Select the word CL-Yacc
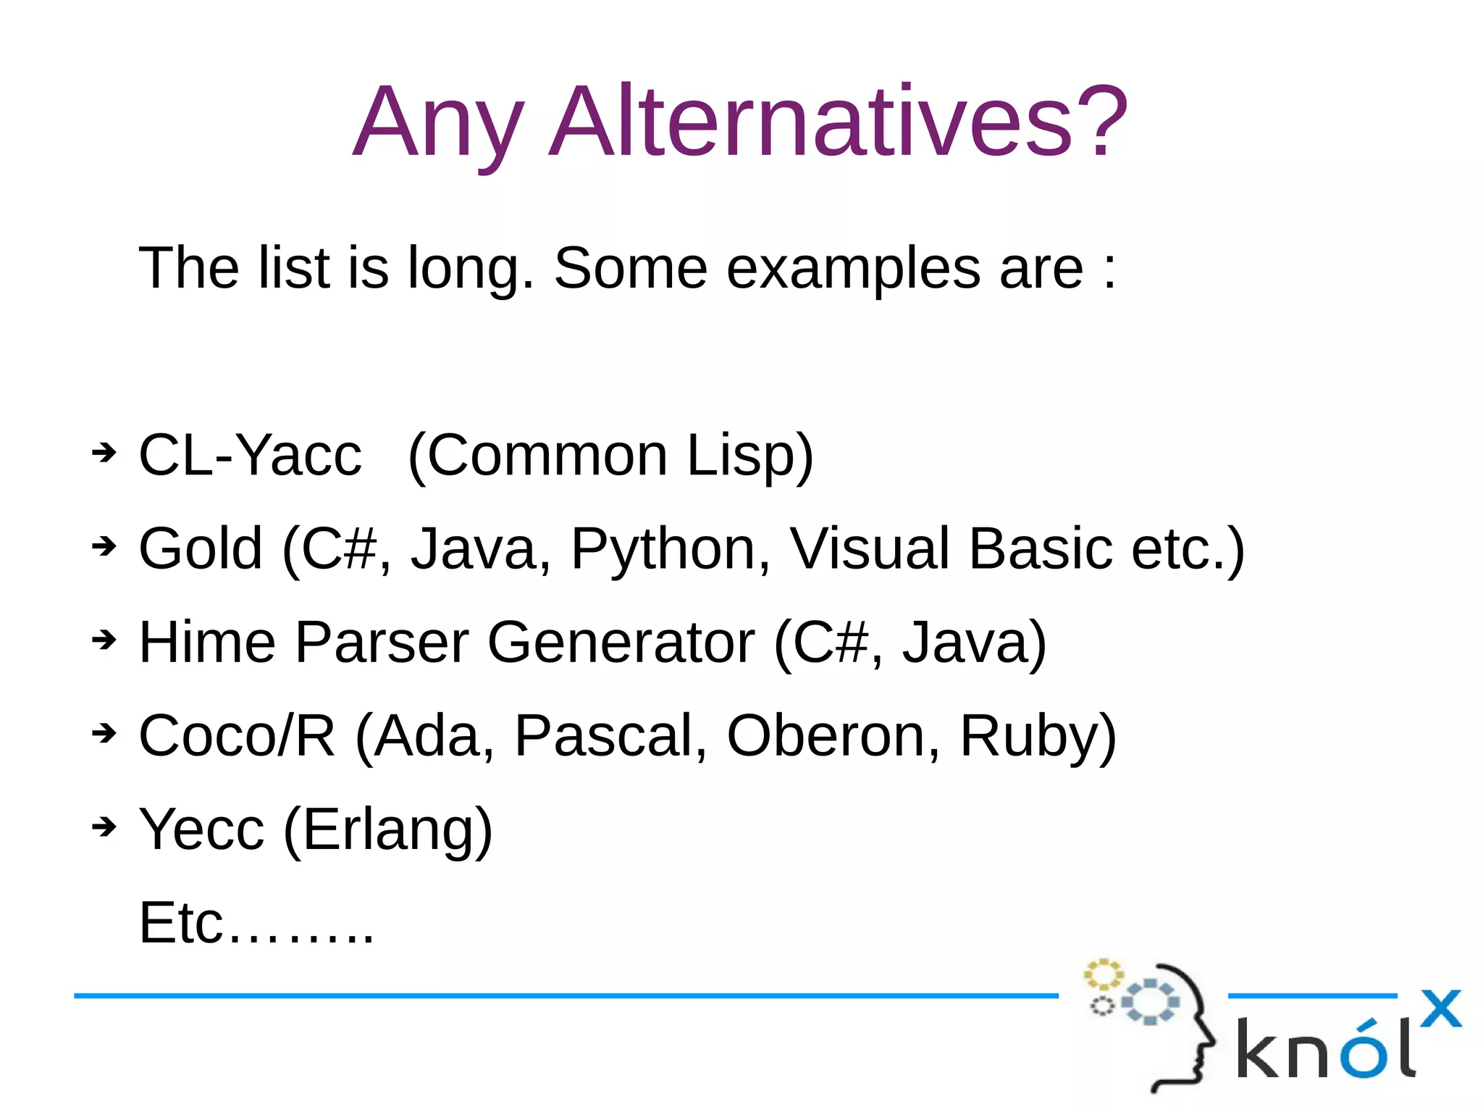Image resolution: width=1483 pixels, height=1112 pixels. (250, 456)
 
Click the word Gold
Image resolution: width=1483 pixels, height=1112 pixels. (200, 549)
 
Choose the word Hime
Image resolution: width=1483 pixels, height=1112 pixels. (207, 643)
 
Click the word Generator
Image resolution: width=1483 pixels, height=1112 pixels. (621, 643)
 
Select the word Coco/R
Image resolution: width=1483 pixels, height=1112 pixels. (237, 736)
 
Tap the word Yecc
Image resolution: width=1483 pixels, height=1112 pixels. (201, 829)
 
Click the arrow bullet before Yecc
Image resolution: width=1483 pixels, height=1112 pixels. (104, 827)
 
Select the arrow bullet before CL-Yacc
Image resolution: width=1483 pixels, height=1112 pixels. (104, 453)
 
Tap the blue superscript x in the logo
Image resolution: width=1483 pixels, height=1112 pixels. (1440, 1008)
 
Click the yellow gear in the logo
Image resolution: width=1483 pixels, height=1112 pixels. (1103, 974)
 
